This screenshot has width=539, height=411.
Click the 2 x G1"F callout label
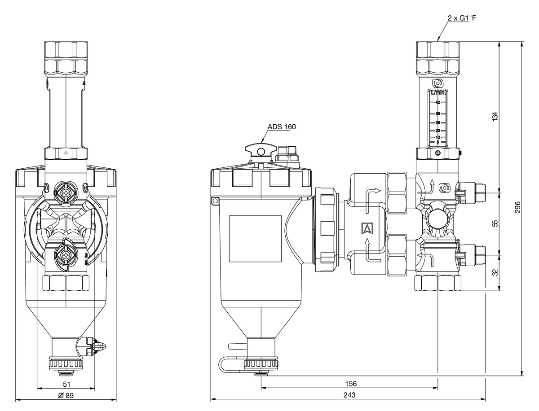(x=461, y=18)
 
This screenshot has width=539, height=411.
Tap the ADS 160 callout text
(x=282, y=127)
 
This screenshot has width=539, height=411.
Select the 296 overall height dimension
(x=518, y=207)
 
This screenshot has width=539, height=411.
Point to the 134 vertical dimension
(x=495, y=116)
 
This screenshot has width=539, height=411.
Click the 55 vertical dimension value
(x=495, y=223)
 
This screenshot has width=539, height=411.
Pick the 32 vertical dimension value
(x=495, y=272)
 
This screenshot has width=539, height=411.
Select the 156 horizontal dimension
(x=350, y=384)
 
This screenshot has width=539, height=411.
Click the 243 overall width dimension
(x=349, y=395)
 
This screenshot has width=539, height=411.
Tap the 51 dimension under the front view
(x=66, y=384)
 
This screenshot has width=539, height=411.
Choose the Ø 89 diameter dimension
(x=66, y=395)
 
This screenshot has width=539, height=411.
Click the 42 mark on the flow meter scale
(x=437, y=102)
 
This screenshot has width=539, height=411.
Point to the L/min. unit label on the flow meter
(x=437, y=93)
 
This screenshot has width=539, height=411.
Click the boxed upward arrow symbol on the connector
(x=367, y=228)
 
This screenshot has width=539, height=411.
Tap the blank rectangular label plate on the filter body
(x=255, y=239)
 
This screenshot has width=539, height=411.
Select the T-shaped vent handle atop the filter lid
(x=260, y=151)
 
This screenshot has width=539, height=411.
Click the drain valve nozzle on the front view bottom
(x=100, y=346)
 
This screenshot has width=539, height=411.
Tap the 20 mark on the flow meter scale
(x=437, y=130)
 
